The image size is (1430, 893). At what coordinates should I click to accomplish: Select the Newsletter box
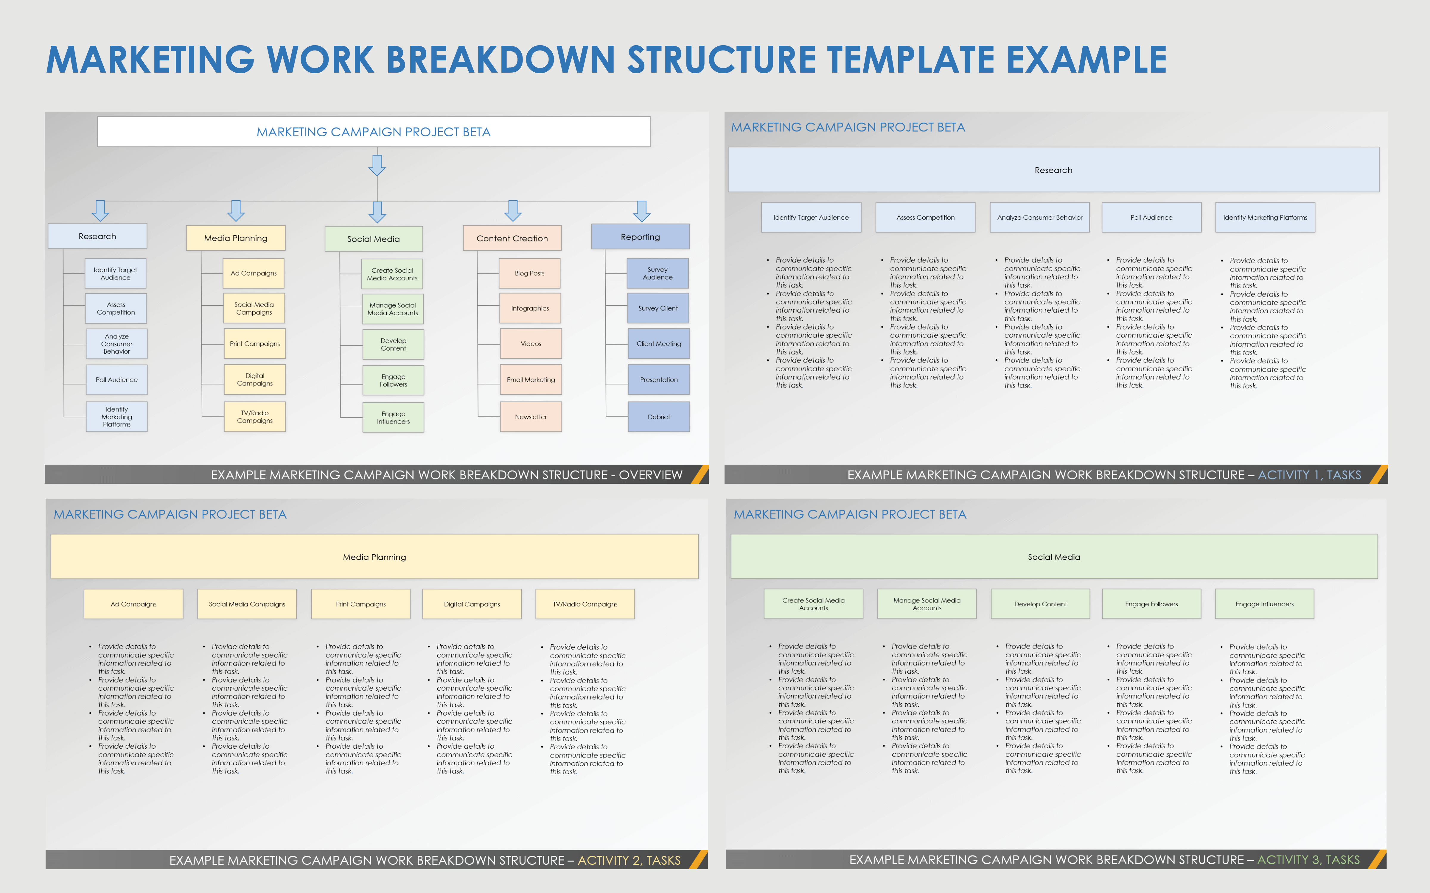[531, 417]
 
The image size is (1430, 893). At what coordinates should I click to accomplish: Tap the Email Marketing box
[531, 380]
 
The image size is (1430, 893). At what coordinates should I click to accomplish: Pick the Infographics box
[530, 308]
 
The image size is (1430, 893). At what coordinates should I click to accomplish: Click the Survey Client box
[658, 308]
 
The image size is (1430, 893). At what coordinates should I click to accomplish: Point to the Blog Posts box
[529, 274]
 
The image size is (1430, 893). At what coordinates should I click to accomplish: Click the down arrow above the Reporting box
[642, 211]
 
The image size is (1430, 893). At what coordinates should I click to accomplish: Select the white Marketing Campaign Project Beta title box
[374, 132]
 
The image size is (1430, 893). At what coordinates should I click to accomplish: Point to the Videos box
[531, 344]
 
